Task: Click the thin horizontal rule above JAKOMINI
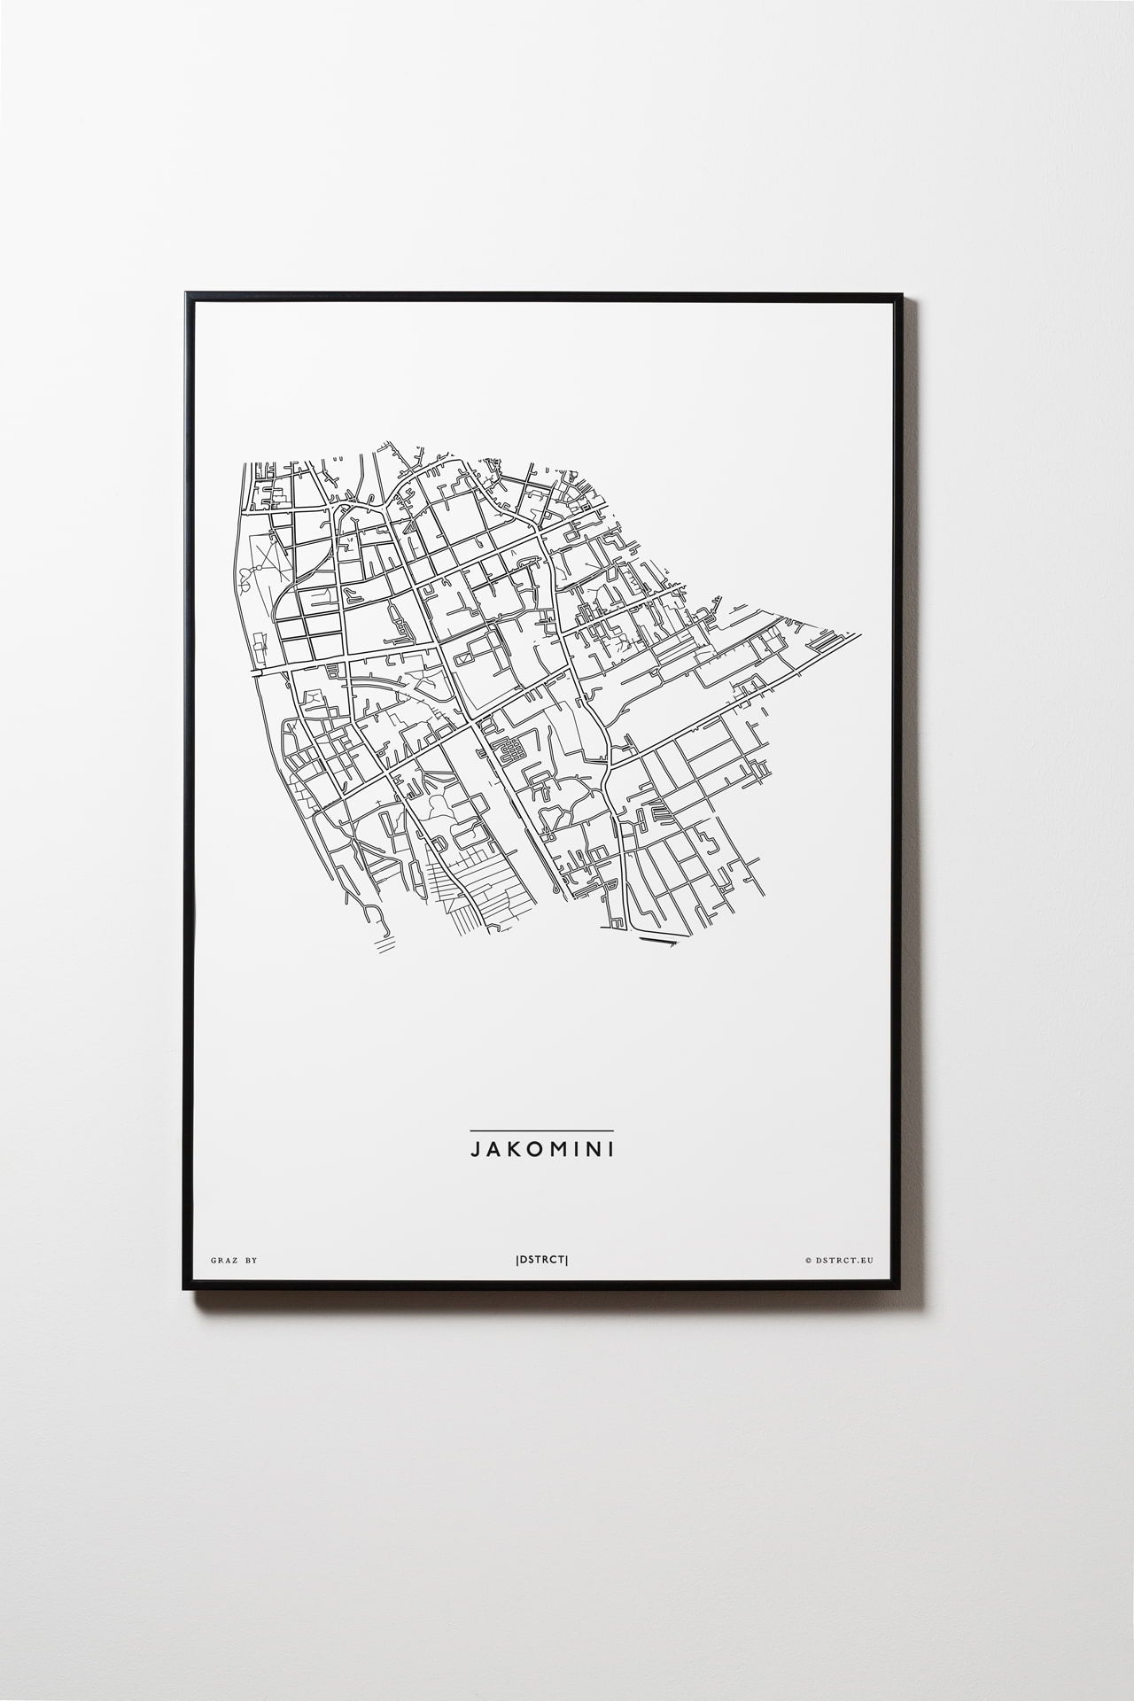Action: point(541,1130)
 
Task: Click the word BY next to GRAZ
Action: point(252,1259)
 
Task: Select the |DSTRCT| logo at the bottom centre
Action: point(541,1259)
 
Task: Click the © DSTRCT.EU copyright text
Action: point(839,1259)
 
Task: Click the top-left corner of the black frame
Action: point(186,293)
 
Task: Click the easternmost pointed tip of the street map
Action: point(859,634)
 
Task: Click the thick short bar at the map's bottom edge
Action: point(665,943)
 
